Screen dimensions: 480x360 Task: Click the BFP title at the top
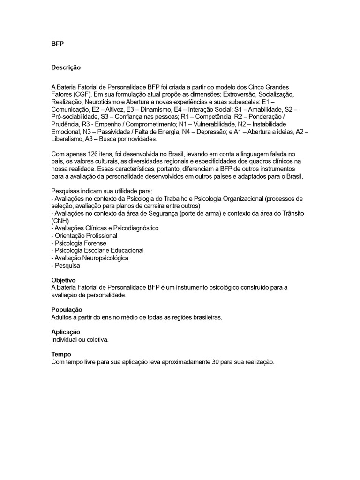click(57, 44)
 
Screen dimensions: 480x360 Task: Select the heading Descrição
click(66, 67)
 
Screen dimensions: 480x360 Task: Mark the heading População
click(67, 310)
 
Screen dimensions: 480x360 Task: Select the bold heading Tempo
click(61, 354)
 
